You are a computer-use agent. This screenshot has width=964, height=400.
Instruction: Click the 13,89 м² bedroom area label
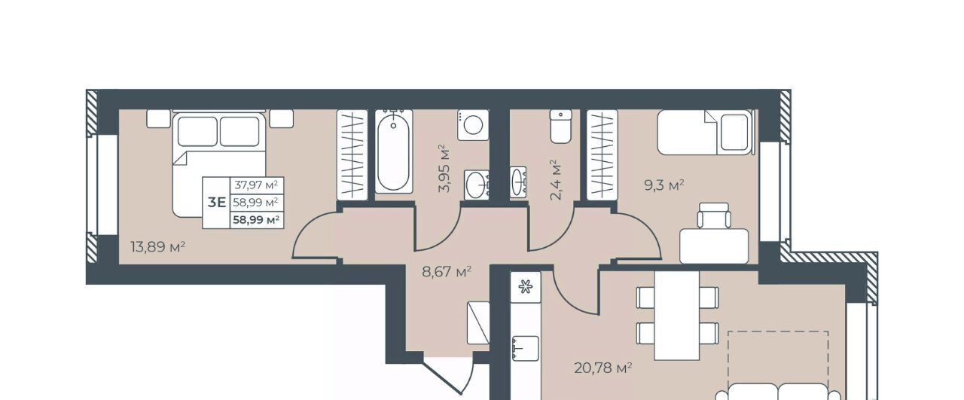click(158, 247)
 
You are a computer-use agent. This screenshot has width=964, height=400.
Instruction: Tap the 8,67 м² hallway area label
click(447, 272)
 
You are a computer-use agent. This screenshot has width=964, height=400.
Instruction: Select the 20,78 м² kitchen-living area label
click(603, 368)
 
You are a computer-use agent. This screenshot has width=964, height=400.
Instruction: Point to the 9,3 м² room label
click(664, 185)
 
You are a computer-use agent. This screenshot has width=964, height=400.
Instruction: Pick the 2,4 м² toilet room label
click(556, 180)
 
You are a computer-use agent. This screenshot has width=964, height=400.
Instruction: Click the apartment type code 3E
click(217, 202)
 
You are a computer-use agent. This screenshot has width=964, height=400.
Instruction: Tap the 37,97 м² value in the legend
click(256, 185)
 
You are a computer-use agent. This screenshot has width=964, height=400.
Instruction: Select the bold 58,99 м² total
click(256, 220)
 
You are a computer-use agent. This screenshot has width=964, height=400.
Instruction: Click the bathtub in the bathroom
click(393, 151)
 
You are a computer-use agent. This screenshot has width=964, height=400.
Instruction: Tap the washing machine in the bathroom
click(473, 125)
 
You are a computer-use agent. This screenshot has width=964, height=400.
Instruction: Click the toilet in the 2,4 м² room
click(561, 126)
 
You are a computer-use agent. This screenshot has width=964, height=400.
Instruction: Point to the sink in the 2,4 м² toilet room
click(518, 182)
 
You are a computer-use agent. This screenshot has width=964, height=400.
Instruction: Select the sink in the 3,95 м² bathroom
click(477, 185)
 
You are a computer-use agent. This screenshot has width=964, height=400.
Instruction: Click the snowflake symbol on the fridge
click(525, 286)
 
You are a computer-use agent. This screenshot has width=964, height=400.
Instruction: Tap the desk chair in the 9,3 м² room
click(714, 215)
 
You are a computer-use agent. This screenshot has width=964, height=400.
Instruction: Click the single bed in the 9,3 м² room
click(706, 132)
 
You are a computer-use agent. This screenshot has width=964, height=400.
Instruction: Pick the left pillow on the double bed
click(197, 131)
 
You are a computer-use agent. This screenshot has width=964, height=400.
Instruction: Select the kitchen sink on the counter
click(526, 348)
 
